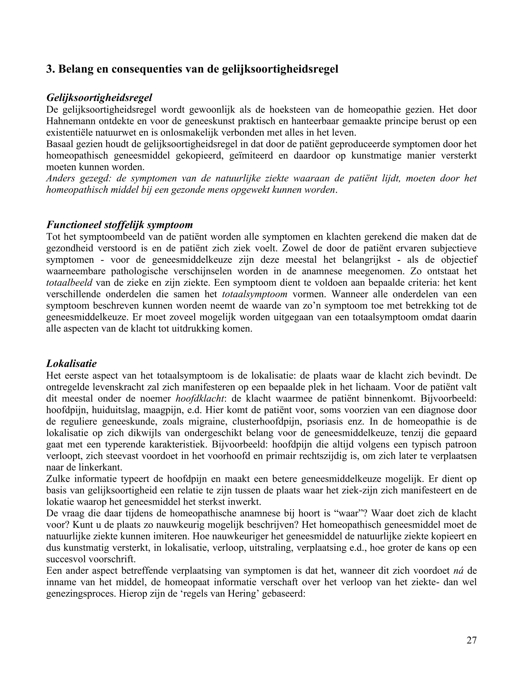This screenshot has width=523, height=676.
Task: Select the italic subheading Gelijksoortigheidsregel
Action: click(99, 98)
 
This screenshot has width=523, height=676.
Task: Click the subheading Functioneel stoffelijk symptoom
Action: click(119, 225)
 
